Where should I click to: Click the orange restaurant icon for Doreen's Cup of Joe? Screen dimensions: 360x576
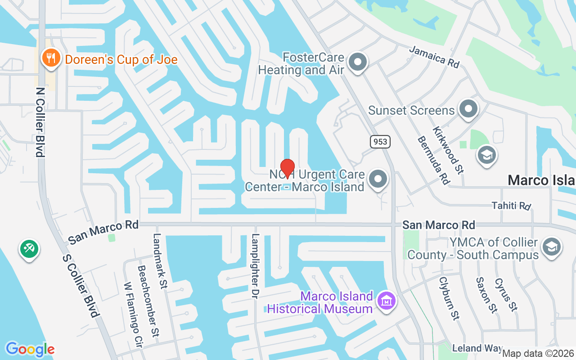(x=51, y=58)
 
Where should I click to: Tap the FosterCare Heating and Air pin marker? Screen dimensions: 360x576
(x=358, y=63)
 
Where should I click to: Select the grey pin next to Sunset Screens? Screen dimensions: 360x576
(x=468, y=109)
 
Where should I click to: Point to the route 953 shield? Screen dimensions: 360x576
(x=380, y=142)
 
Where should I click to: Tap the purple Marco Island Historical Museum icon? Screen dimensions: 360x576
(x=387, y=301)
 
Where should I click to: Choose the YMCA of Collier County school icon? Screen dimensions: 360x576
(x=552, y=247)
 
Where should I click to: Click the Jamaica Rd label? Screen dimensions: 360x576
(x=434, y=57)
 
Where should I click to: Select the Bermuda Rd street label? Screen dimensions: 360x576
(x=433, y=160)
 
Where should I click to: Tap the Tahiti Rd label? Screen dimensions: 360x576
(x=511, y=206)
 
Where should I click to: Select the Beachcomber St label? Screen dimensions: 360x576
(x=148, y=300)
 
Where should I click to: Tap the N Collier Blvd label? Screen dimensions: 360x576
(x=40, y=121)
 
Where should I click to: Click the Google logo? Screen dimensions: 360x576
(x=30, y=349)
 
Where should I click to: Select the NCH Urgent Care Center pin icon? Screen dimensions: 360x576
(x=378, y=180)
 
